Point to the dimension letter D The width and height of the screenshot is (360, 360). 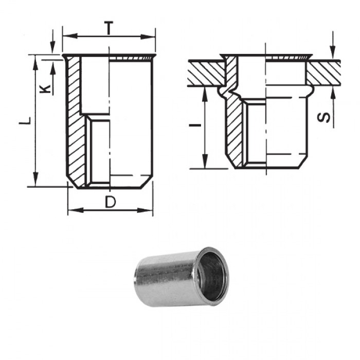(110, 202)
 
